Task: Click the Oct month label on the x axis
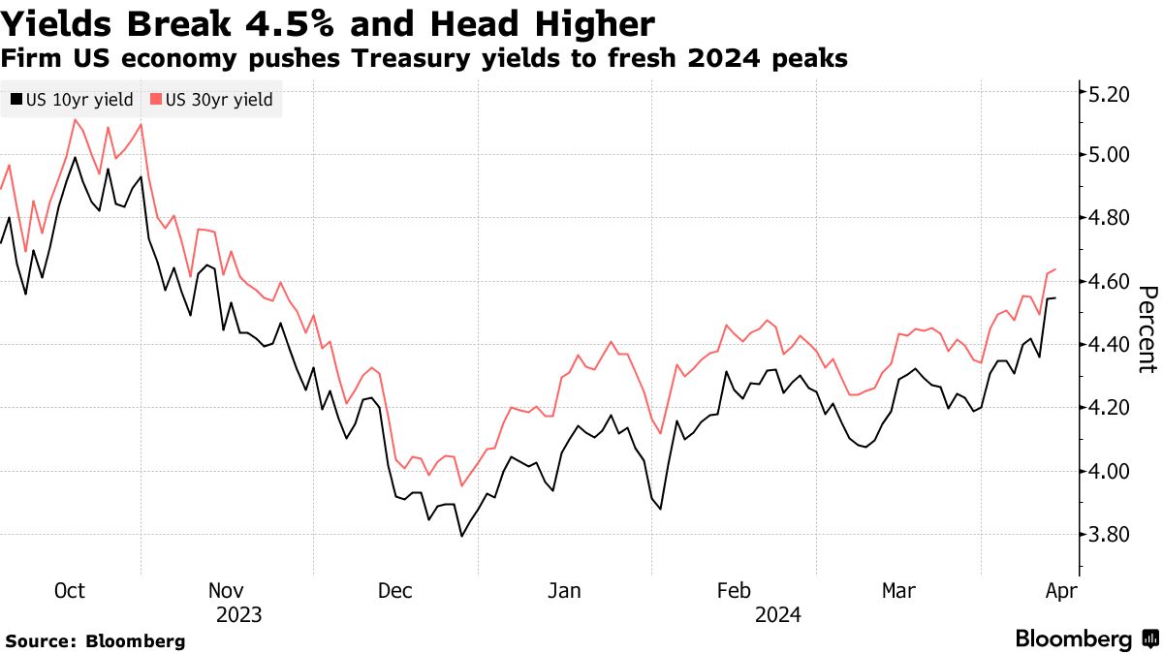tap(70, 591)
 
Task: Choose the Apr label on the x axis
tap(1058, 591)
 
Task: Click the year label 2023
tap(238, 614)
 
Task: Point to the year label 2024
tap(778, 614)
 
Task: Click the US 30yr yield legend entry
tap(211, 100)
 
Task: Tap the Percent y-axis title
tap(1147, 329)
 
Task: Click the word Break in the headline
tap(146, 23)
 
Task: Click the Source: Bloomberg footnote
tap(95, 640)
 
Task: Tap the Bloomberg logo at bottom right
tap(1085, 638)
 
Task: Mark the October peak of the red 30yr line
tap(75, 119)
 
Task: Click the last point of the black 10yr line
tap(1055, 298)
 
